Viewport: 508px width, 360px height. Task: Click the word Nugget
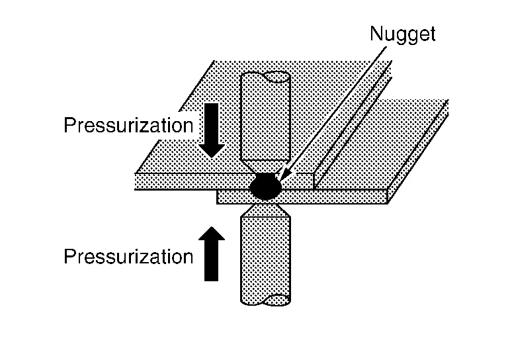tap(402, 34)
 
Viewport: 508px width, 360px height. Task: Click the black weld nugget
tap(266, 187)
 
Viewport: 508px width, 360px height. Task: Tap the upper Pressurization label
tap(128, 126)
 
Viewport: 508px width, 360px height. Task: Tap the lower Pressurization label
tap(128, 256)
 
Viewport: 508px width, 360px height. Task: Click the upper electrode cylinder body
tap(265, 119)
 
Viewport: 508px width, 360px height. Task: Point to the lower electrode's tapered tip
tap(265, 211)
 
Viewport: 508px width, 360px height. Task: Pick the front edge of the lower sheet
tap(331, 197)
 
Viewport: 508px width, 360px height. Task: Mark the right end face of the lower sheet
tap(389, 195)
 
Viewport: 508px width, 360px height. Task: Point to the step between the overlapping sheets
tap(316, 181)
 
